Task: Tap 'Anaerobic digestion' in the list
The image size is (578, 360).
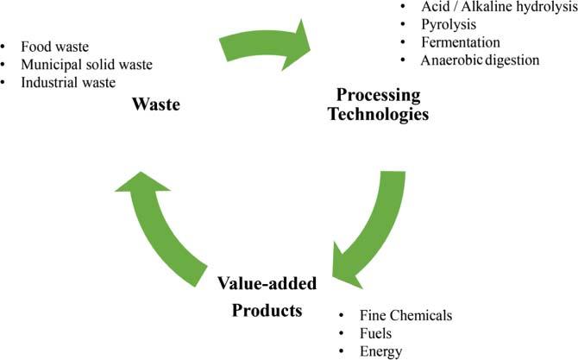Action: (480, 60)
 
